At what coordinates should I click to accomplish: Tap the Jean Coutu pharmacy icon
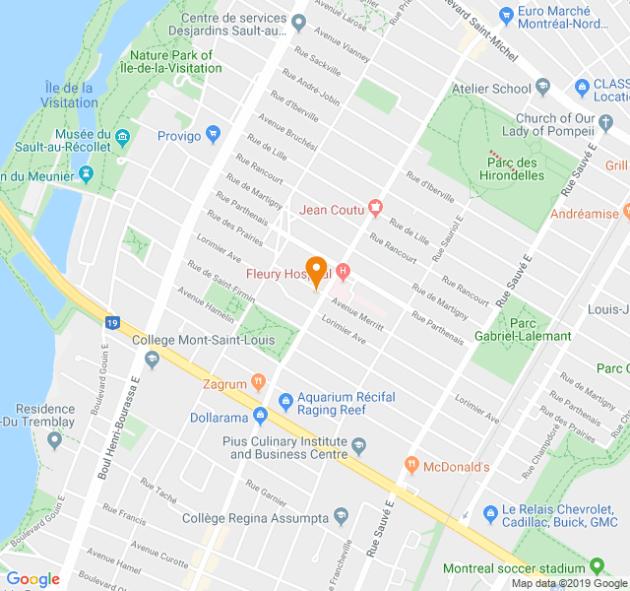[x=375, y=208]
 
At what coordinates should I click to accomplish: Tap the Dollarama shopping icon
[x=260, y=416]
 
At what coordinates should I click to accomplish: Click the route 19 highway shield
[x=113, y=321]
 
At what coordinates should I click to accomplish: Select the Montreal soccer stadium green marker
[x=597, y=567]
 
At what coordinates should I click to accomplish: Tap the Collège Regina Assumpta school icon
[x=341, y=517]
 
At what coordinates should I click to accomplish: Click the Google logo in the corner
[x=32, y=579]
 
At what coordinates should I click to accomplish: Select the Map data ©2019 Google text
[x=568, y=583]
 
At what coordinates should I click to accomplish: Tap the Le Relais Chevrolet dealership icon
[x=490, y=514]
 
